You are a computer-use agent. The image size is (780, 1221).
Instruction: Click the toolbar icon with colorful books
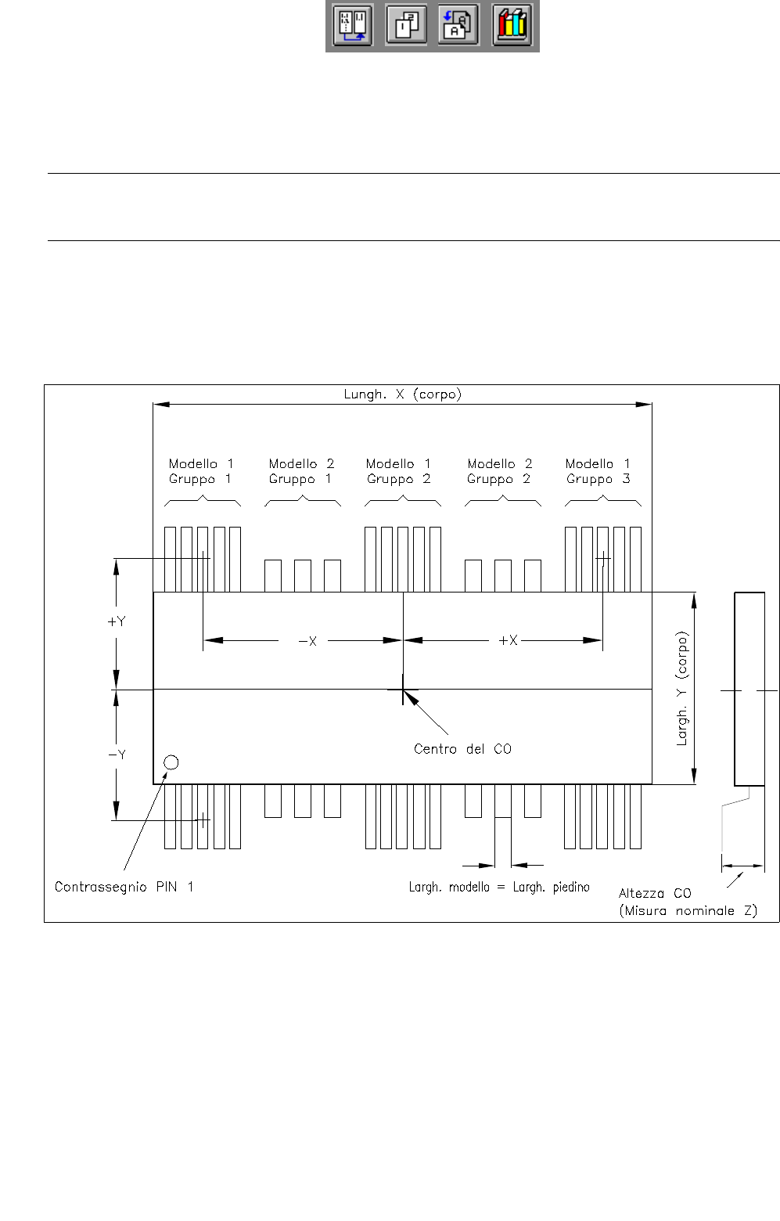pyautogui.click(x=512, y=25)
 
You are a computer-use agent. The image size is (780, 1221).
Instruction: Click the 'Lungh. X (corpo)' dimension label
pyautogui.click(x=403, y=394)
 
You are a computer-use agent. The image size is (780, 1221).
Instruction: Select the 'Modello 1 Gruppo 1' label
pyautogui.click(x=201, y=471)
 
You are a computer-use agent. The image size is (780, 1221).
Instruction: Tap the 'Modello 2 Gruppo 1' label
pyautogui.click(x=301, y=471)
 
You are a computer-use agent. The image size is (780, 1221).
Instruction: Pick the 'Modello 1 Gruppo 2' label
pyautogui.click(x=399, y=471)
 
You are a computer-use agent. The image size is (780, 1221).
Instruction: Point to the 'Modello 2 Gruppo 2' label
pyautogui.click(x=499, y=471)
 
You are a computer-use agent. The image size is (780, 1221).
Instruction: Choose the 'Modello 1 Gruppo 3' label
pyautogui.click(x=598, y=471)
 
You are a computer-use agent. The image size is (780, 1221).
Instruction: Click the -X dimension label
pyautogui.click(x=307, y=641)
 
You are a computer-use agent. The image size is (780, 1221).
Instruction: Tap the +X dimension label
pyautogui.click(x=509, y=640)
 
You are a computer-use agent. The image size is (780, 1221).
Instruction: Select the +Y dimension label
pyautogui.click(x=117, y=621)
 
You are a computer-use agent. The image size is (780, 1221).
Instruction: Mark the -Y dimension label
pyautogui.click(x=117, y=755)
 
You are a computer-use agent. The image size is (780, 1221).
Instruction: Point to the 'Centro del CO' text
pyautogui.click(x=462, y=749)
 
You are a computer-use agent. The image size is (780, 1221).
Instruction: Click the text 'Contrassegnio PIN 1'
pyautogui.click(x=124, y=887)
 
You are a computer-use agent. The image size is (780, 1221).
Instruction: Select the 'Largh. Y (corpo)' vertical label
pyautogui.click(x=682, y=689)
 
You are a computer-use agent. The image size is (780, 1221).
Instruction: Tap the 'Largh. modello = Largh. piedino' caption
pyautogui.click(x=499, y=887)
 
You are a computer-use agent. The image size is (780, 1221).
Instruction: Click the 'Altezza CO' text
pyautogui.click(x=655, y=893)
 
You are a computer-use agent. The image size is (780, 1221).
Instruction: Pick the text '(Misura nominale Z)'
pyautogui.click(x=688, y=911)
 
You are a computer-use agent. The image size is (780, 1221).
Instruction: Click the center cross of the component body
pyautogui.click(x=403, y=690)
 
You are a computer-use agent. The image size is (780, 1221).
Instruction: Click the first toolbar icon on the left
pyautogui.click(x=352, y=25)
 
